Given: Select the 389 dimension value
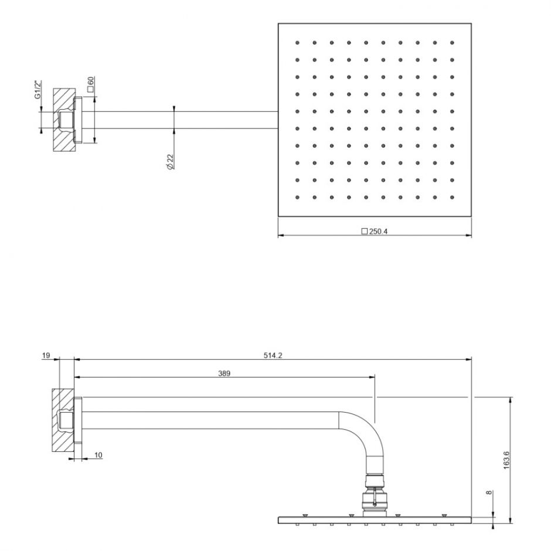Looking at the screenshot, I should point(224,373).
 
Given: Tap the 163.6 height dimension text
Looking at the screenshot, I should point(506,460).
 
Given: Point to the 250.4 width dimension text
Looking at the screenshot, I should point(379,232).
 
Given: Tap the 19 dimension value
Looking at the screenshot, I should point(46,355).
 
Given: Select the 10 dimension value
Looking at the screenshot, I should point(97,455).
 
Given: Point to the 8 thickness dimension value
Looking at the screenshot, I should point(490,493).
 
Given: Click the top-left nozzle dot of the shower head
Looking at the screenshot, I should point(298,42).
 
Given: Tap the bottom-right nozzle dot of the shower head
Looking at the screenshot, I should point(451,197).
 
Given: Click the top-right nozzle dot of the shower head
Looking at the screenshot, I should point(451,42).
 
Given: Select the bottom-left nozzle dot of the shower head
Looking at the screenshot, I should point(298,197).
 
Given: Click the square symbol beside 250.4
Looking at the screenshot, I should point(364,232).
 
